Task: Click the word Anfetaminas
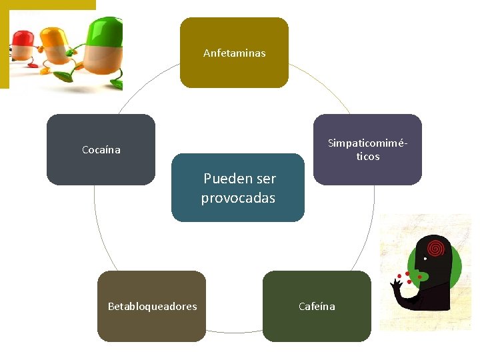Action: coord(234,53)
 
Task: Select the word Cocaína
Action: coord(101,150)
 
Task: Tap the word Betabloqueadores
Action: coord(152,307)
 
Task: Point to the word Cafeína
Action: coord(317,307)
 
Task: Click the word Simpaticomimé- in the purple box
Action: coord(367,144)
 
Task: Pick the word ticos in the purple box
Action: coord(367,157)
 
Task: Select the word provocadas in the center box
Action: coord(238,198)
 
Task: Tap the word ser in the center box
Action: coord(265,179)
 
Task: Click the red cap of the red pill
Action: coord(23,36)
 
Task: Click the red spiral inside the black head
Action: coord(436,247)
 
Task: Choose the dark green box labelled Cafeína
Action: coord(317,327)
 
